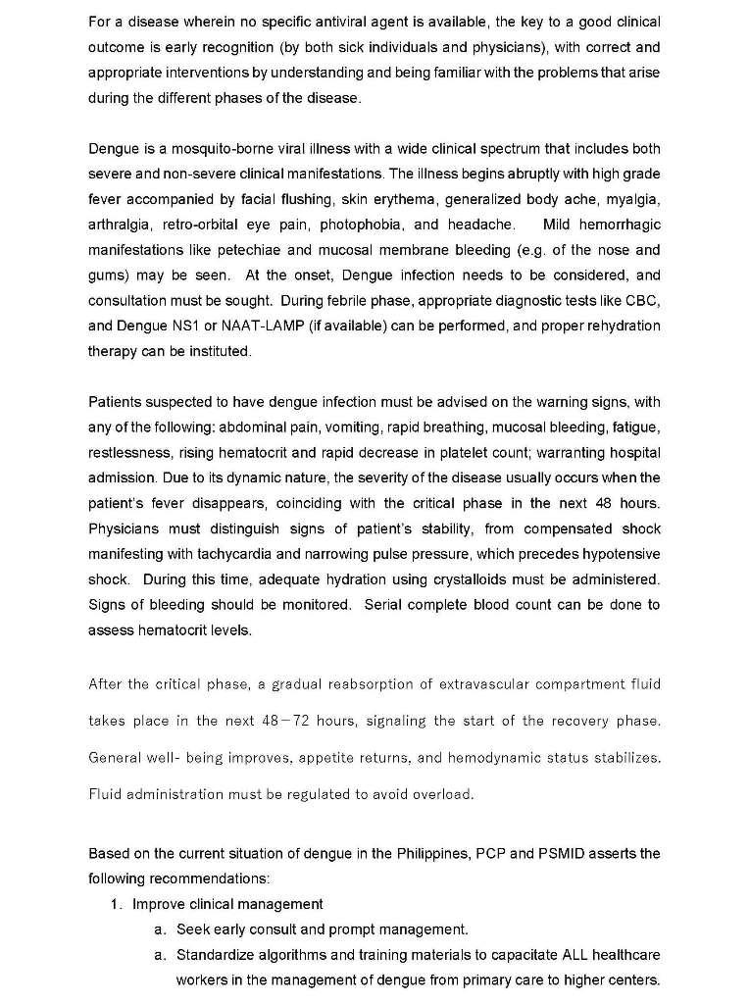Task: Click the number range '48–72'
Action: (283, 721)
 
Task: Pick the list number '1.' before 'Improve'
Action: (117, 904)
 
